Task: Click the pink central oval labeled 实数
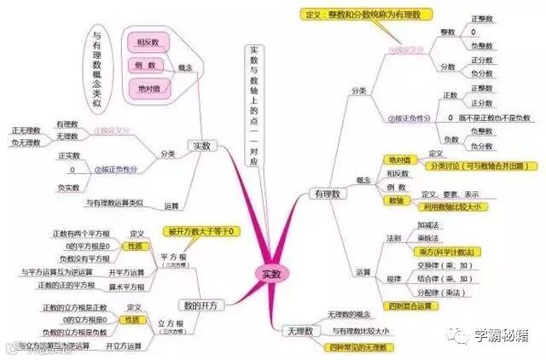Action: click(270, 273)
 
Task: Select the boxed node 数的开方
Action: click(195, 305)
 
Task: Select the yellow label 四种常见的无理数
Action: click(346, 347)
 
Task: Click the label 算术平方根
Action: click(125, 286)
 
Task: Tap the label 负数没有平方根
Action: click(83, 257)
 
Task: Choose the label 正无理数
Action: click(27, 130)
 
